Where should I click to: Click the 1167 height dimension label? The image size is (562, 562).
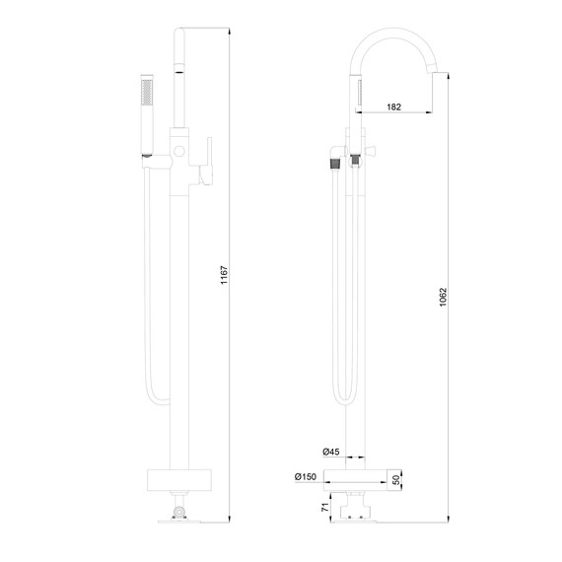[x=224, y=275]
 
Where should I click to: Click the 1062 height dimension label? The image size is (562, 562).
[x=443, y=297]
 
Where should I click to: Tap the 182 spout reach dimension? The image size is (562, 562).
[x=393, y=106]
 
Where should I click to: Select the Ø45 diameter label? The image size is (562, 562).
[x=331, y=452]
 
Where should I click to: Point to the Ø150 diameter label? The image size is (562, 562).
[x=306, y=476]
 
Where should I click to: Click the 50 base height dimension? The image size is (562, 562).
[x=396, y=480]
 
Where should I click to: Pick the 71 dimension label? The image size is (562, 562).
[x=325, y=507]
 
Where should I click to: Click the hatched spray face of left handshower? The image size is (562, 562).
[x=147, y=93]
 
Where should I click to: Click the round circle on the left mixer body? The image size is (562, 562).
[x=179, y=151]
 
